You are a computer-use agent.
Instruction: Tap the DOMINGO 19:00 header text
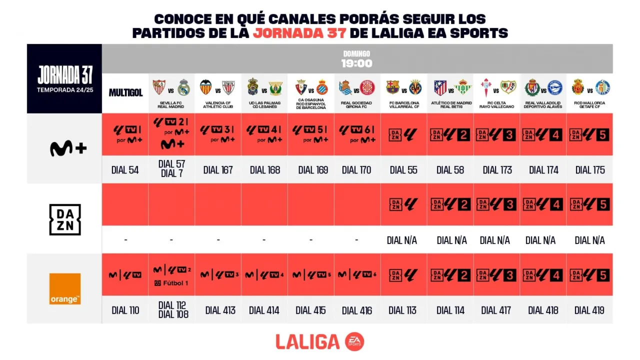coord(357,59)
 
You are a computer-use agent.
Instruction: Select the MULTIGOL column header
coord(125,93)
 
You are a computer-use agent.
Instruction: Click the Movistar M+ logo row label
coord(68,148)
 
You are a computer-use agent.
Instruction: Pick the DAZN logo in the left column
coord(65,219)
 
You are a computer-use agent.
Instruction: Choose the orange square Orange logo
coord(65,288)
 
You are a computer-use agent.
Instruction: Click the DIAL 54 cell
coord(125,170)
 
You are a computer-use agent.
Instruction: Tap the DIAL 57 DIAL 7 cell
coord(171,169)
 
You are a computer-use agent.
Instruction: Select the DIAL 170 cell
coord(356,170)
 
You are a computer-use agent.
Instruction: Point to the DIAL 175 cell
coord(590,170)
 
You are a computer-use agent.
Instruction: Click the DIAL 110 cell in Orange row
coord(125,310)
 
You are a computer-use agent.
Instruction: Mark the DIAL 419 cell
coord(589,310)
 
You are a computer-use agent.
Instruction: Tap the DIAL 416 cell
coord(357,310)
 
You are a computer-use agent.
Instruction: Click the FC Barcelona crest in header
coord(393,87)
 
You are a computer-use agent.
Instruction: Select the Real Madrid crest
coord(183,87)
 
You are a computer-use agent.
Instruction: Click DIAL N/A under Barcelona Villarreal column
coord(402,240)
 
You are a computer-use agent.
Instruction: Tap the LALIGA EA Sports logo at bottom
coord(320,341)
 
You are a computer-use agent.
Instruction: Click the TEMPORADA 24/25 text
coord(64,90)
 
